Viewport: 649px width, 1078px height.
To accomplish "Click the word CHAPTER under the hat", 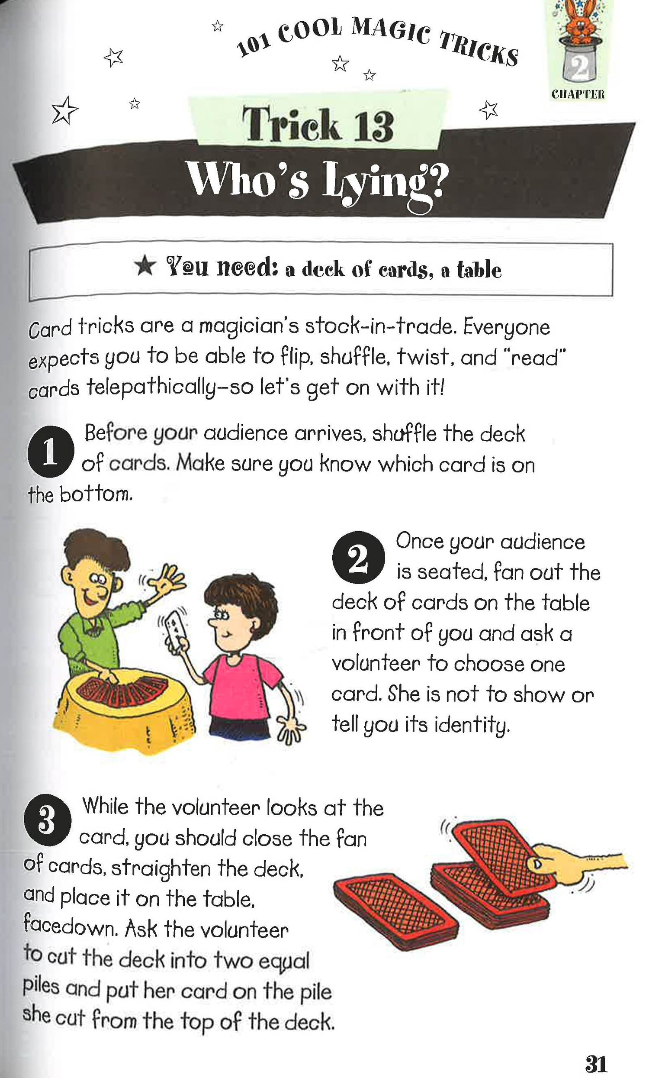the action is (x=578, y=94).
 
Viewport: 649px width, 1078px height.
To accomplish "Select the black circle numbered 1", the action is (x=49, y=451).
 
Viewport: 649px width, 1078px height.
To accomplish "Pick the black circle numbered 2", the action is (x=359, y=557).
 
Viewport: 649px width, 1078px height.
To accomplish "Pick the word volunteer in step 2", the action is (x=376, y=664).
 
